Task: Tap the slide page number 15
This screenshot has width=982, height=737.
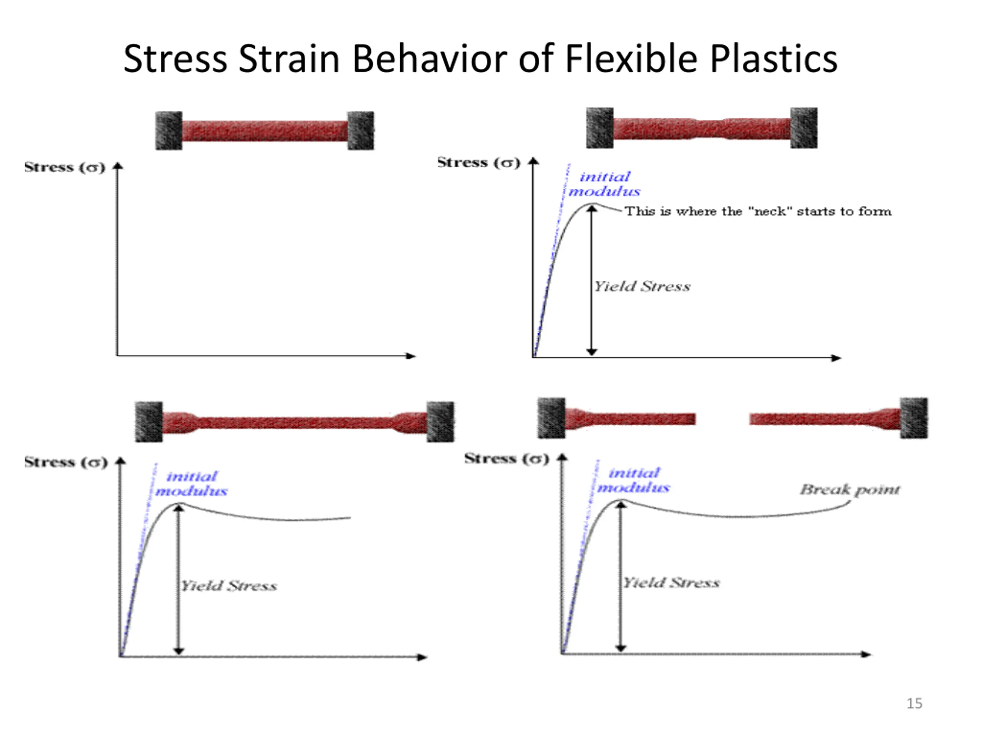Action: (x=914, y=703)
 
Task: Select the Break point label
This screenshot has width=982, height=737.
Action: (x=850, y=489)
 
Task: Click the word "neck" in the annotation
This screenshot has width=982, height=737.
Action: (x=770, y=211)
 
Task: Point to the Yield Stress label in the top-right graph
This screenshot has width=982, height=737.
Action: (x=642, y=286)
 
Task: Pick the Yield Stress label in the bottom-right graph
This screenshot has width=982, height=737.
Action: (x=671, y=582)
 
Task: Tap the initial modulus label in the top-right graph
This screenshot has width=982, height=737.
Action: (x=605, y=184)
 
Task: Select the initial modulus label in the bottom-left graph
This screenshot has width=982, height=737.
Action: (x=191, y=484)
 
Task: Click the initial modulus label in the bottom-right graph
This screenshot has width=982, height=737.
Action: (x=634, y=480)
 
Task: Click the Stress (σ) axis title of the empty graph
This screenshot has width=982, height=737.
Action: (x=65, y=167)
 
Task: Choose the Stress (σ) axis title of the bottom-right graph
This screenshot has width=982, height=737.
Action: (x=507, y=458)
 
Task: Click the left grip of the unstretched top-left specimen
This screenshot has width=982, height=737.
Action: (x=169, y=131)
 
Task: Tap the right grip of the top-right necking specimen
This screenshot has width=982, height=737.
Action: (x=804, y=128)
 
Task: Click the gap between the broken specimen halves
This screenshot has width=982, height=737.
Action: (x=722, y=418)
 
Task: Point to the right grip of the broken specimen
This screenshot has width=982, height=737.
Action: (x=914, y=418)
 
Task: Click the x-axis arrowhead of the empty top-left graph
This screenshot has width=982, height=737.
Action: (x=411, y=356)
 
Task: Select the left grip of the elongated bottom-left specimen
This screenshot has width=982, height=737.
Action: (x=149, y=421)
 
